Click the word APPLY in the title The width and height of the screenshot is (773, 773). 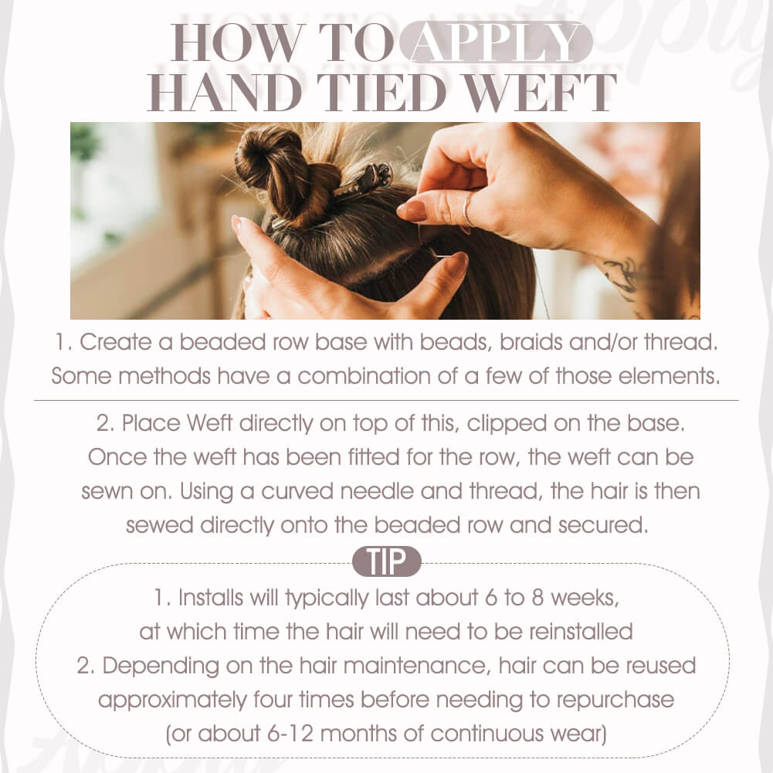495,42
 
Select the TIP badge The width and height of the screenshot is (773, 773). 386,561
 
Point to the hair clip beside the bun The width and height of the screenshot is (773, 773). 364,181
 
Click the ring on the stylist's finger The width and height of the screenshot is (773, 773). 466,210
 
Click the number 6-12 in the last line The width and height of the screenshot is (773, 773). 290,734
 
